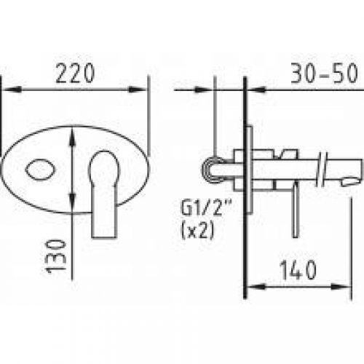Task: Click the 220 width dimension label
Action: coord(75,73)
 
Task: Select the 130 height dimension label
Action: coord(56,256)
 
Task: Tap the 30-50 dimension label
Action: coord(324,73)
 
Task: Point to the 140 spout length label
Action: coord(298,270)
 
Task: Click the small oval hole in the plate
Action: coord(40,170)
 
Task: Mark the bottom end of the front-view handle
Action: coord(104,237)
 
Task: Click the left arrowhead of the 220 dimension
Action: coord(11,90)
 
